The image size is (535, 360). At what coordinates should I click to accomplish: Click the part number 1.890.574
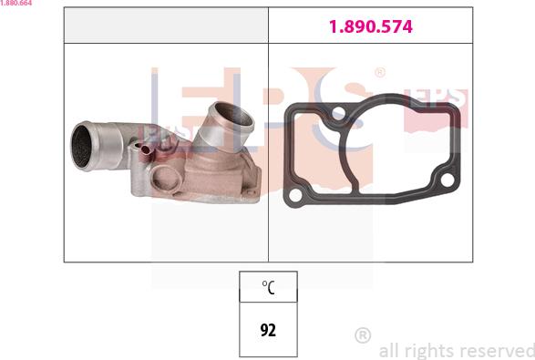(371, 26)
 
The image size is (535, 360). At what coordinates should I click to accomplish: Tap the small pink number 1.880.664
(16, 3)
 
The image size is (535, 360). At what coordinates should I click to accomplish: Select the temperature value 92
(268, 330)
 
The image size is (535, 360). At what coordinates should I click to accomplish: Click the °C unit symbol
(268, 287)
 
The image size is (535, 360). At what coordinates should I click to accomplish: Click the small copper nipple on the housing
(146, 149)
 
